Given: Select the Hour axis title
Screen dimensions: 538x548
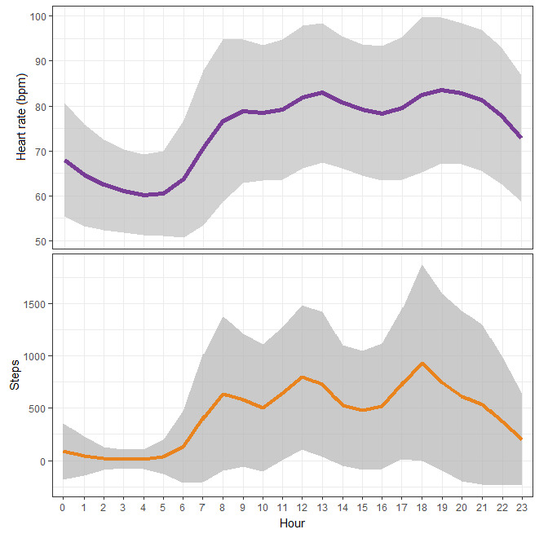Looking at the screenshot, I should [x=293, y=522].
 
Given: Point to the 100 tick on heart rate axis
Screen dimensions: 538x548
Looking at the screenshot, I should [x=38, y=16].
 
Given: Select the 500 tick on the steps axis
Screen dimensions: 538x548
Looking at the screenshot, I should [x=39, y=409].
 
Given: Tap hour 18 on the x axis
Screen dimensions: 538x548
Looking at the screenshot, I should [x=422, y=507].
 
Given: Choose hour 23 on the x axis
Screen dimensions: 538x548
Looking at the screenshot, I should [x=521, y=507].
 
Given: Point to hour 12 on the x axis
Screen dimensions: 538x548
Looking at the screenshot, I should [x=303, y=507].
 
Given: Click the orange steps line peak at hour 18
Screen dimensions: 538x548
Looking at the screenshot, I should [x=422, y=364].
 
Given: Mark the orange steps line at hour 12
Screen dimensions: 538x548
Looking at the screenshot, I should [x=303, y=377].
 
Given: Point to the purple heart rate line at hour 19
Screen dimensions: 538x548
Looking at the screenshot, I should [x=442, y=90].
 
